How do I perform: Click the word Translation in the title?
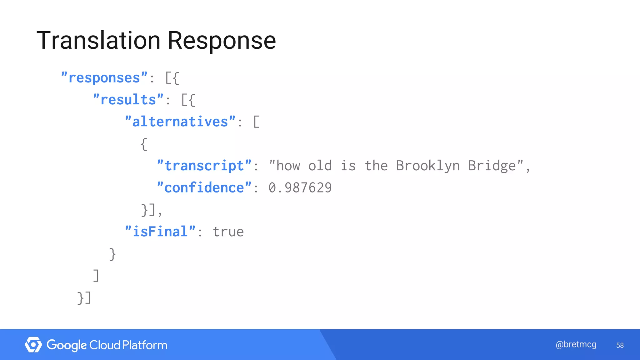pos(99,40)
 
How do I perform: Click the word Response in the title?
pos(222,41)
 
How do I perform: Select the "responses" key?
pos(104,77)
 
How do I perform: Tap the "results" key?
pos(128,100)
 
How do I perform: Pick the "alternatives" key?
pos(180,122)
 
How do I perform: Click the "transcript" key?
pos(204,166)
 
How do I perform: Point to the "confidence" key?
pos(204,187)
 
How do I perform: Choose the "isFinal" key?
pos(160,232)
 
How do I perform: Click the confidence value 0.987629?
pos(300,187)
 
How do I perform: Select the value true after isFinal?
pos(228,232)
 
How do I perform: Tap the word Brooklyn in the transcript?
pos(427,166)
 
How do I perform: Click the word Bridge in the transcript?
pos(492,166)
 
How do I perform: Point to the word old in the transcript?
pos(320,166)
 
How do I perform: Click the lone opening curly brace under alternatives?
pos(144,144)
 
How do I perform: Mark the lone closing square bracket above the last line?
pos(96,276)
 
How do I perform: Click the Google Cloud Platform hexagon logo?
pos(33,345)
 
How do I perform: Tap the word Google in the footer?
pos(67,345)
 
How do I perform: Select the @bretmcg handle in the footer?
pos(576,344)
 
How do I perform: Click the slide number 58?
pos(620,345)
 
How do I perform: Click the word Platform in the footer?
pos(145,345)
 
